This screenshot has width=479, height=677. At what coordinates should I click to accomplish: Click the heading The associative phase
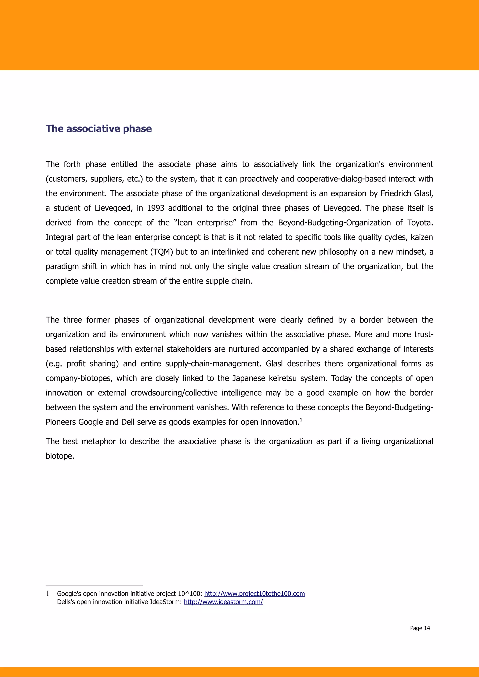point(98,129)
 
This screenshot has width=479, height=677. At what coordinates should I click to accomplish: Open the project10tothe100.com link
point(254,594)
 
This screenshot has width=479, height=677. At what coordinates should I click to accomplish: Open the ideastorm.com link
point(223,602)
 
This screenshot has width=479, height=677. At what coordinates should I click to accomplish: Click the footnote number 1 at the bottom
point(47,594)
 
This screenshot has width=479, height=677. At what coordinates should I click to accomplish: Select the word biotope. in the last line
point(60,456)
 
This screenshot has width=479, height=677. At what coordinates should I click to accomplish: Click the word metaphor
point(98,442)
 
